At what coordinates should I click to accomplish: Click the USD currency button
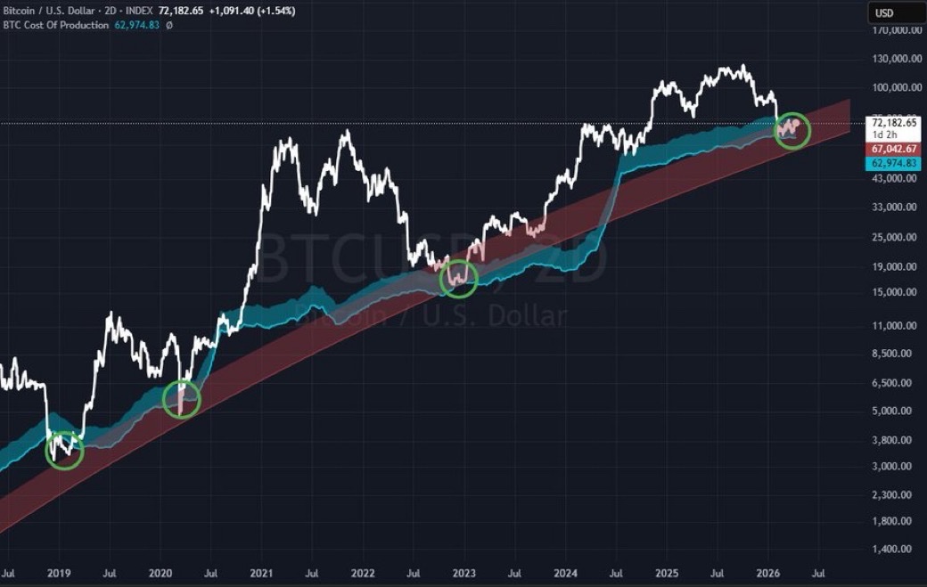[x=894, y=12]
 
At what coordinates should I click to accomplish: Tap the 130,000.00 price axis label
[x=895, y=59]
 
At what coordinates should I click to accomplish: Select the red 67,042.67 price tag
[x=894, y=149]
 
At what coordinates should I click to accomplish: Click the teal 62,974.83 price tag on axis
[x=894, y=164]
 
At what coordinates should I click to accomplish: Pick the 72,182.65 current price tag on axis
[x=894, y=122]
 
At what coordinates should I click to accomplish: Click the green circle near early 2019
[x=64, y=452]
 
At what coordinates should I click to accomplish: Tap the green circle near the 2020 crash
[x=182, y=399]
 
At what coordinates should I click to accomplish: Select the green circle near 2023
[x=459, y=279]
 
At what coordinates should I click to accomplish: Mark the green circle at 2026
[x=792, y=130]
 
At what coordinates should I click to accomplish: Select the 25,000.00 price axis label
[x=895, y=237]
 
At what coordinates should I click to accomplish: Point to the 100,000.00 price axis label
[x=895, y=88]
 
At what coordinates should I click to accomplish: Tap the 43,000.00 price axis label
[x=895, y=178]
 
